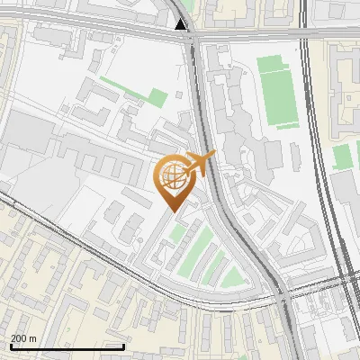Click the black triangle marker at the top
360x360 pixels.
tap(182, 24)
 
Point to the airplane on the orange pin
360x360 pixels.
tap(200, 165)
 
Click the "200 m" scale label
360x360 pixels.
tap(24, 337)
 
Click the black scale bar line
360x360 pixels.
tap(67, 346)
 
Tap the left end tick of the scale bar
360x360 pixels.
tap(10, 346)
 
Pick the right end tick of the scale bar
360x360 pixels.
tap(123, 346)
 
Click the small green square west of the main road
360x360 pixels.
tap(157, 98)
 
